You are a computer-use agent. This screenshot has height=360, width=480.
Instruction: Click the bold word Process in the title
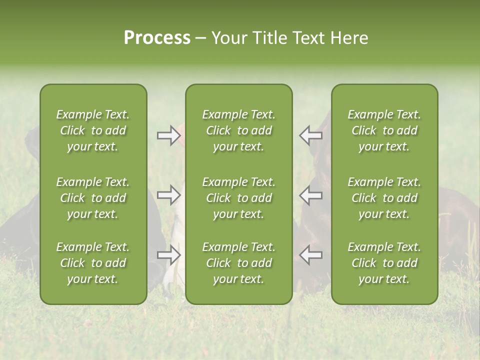157,38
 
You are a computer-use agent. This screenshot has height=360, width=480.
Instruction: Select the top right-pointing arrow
168,135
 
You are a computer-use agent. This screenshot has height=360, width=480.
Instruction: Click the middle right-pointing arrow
168,195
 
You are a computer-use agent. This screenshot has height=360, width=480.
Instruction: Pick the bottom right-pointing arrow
168,255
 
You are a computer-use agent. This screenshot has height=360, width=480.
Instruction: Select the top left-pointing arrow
310,135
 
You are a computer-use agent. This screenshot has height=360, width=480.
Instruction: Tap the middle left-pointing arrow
310,195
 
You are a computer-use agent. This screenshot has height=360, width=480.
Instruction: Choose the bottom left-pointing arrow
310,255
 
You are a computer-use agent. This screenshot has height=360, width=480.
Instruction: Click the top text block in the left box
93,130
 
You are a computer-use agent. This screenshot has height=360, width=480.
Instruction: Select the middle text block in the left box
93,198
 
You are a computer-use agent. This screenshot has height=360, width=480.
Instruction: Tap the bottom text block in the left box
93,263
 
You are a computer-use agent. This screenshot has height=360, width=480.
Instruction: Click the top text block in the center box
238,130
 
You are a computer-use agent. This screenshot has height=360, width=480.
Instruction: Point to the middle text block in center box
238,198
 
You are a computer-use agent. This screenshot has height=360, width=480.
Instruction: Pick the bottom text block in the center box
238,263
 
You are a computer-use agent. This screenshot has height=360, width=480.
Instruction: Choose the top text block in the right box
384,130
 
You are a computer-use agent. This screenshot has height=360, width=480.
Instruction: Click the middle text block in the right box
384,198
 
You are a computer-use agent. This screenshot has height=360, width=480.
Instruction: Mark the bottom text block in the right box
384,263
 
